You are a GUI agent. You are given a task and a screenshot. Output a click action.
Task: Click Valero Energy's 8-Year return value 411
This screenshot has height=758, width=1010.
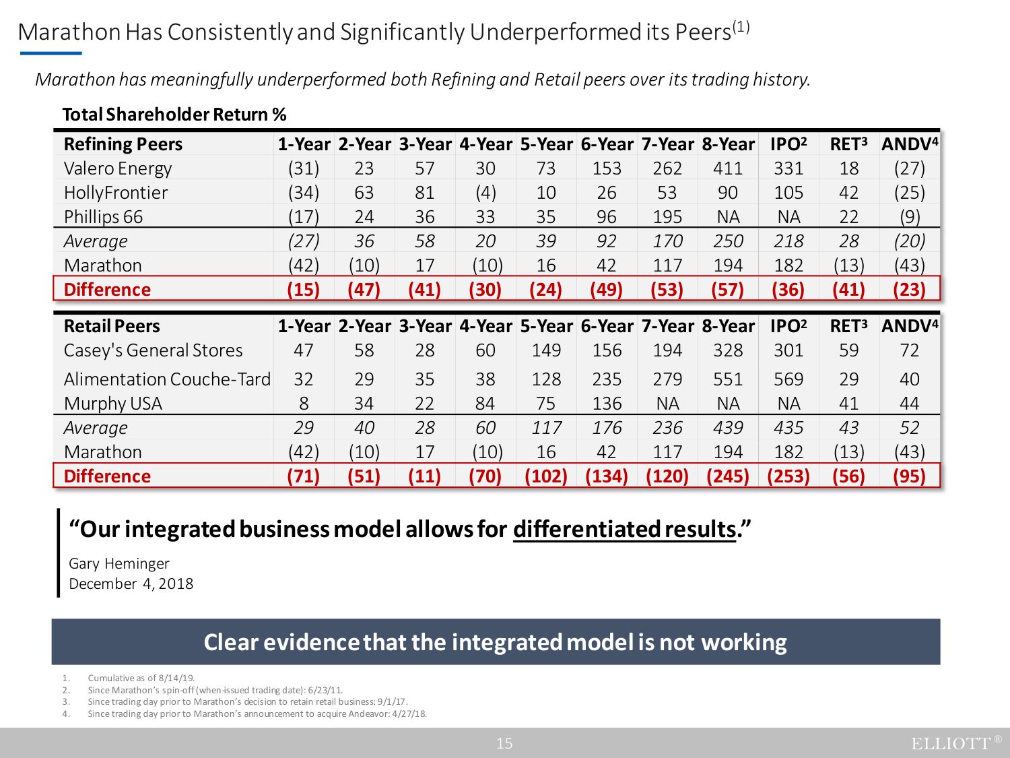click(728, 168)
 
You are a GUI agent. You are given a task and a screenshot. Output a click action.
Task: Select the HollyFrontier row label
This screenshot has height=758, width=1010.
click(116, 193)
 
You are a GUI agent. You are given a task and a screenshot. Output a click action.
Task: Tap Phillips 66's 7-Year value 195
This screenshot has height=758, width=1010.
click(667, 217)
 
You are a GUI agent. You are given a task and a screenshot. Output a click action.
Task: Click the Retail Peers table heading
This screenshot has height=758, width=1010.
click(112, 326)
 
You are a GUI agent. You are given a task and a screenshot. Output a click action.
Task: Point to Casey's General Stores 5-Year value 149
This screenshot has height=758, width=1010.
click(546, 350)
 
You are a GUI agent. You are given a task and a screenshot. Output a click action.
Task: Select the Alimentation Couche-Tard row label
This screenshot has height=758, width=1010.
click(167, 379)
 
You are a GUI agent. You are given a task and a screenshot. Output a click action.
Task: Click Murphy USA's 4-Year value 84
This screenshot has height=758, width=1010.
click(485, 404)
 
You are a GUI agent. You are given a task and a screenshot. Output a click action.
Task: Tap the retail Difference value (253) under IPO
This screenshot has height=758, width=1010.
click(788, 476)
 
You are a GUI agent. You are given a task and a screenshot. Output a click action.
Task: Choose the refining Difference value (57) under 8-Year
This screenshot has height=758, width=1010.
click(728, 290)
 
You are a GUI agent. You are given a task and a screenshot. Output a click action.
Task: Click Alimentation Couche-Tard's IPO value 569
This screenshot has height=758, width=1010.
click(788, 379)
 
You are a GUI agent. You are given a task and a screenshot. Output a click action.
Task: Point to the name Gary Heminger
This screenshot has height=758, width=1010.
click(119, 563)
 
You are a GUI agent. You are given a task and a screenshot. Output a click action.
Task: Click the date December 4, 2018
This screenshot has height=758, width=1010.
click(131, 583)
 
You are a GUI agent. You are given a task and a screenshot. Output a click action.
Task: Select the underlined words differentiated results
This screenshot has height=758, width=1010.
click(624, 530)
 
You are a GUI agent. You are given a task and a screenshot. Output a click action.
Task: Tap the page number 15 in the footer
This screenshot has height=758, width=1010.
click(504, 743)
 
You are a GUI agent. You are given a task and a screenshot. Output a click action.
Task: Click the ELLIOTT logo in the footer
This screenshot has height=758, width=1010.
click(955, 743)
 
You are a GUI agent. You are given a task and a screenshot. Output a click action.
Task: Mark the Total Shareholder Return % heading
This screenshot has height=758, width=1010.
click(174, 115)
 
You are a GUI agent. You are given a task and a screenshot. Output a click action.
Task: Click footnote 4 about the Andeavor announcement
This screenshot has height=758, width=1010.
click(257, 714)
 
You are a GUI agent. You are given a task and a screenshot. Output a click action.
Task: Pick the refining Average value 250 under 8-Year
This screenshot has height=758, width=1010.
click(728, 241)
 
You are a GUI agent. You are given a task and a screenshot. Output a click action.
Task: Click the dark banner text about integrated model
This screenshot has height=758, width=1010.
click(496, 642)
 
